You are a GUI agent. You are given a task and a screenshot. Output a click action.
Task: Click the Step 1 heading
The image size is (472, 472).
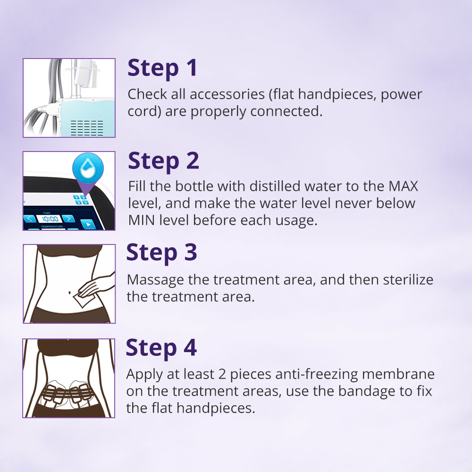pos(162,68)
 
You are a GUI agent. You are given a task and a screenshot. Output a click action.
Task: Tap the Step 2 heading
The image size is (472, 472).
pos(163,161)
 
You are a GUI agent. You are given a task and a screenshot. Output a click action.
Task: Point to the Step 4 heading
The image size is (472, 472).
pos(161,348)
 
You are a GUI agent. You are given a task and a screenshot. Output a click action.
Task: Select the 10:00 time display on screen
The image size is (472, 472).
pos(50,219)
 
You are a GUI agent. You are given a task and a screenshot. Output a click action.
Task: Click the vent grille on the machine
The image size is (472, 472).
pos(87,127)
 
